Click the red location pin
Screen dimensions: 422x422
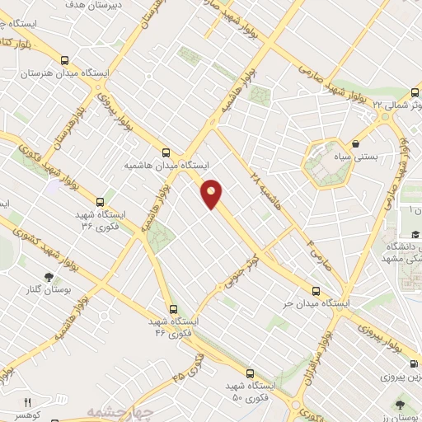coord(213,194)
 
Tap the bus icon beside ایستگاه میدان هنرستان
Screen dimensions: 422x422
coord(64,59)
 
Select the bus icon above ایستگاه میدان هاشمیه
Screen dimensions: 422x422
coord(166,152)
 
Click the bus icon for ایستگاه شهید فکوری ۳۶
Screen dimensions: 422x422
coord(101,201)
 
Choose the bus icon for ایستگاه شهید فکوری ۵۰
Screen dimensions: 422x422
coord(251,373)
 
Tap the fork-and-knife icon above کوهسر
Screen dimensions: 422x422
coord(27,401)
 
